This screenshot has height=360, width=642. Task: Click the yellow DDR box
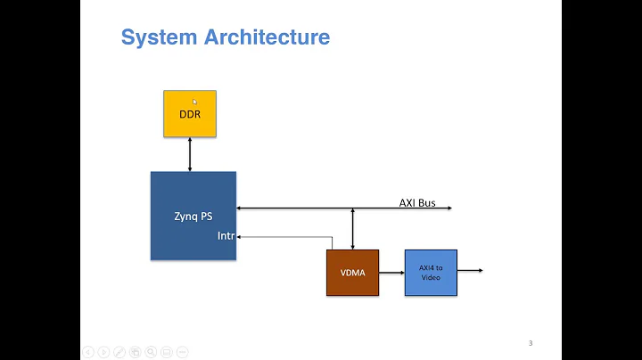(x=190, y=113)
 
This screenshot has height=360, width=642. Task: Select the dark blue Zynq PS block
(x=193, y=216)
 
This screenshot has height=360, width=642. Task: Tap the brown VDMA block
(x=352, y=273)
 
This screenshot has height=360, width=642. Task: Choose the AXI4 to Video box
(x=431, y=272)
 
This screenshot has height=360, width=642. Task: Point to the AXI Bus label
(x=416, y=202)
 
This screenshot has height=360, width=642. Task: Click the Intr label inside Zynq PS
(x=226, y=236)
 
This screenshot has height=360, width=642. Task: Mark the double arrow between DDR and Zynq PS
(x=190, y=154)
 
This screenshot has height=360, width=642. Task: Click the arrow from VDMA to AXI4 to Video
(x=391, y=273)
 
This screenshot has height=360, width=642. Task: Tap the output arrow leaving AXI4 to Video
(x=470, y=270)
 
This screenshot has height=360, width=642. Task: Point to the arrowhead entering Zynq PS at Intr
(x=241, y=237)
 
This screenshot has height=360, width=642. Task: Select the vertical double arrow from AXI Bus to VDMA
(x=353, y=229)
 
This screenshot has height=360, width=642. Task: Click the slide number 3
(x=531, y=343)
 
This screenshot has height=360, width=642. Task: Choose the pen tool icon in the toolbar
(x=119, y=352)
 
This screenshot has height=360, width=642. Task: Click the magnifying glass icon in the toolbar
(x=151, y=352)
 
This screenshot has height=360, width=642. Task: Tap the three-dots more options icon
(x=182, y=352)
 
